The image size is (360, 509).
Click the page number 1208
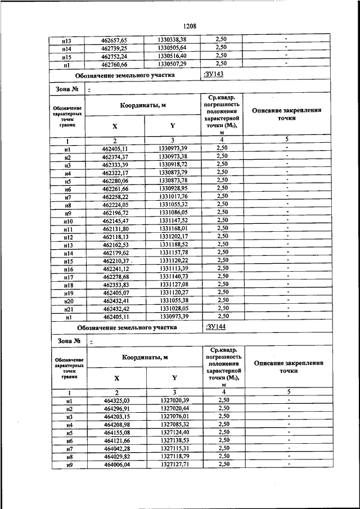(188, 25)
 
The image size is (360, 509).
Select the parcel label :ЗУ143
(214, 74)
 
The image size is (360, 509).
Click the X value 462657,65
(115, 40)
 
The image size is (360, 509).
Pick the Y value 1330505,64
(172, 48)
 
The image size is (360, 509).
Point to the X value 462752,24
(115, 56)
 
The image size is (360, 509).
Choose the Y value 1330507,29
(172, 64)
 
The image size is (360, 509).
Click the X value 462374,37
(115, 156)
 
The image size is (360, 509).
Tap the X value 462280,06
(115, 180)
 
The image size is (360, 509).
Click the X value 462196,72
(115, 212)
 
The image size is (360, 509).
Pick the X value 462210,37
(115, 260)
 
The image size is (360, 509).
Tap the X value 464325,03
(116, 400)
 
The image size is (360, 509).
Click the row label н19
(67, 292)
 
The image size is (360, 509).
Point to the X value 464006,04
(116, 465)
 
